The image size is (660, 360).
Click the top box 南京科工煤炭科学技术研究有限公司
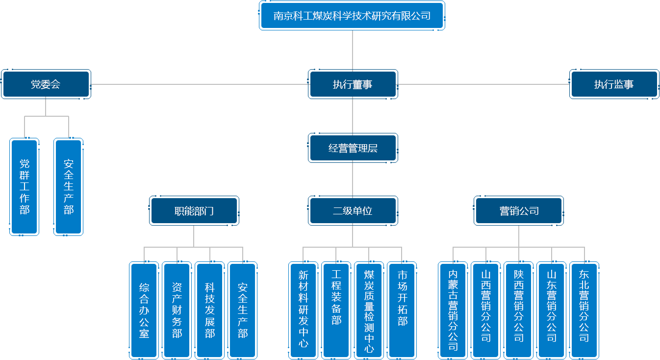point(352,16)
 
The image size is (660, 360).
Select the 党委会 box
point(46,84)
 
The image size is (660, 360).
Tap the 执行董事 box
point(352,84)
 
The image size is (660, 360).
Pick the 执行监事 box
point(613,84)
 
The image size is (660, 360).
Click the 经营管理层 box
point(352,148)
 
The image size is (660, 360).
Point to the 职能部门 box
point(194,211)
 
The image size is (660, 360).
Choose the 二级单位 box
point(352,211)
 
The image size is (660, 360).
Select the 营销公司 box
point(519,211)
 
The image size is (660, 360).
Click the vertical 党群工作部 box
point(25,187)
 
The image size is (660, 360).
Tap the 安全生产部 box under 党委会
point(68,187)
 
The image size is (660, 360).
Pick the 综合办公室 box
point(144,310)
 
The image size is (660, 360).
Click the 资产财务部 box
point(177,310)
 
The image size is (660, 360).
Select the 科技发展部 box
point(210,310)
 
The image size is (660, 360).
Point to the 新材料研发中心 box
point(303,310)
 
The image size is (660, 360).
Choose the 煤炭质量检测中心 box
point(369,310)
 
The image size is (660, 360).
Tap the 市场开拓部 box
point(402,310)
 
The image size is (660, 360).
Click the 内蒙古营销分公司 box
point(453,310)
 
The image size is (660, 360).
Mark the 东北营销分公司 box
point(584,310)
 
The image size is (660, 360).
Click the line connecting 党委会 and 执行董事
point(199,84)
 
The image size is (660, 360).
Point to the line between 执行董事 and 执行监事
point(483,84)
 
